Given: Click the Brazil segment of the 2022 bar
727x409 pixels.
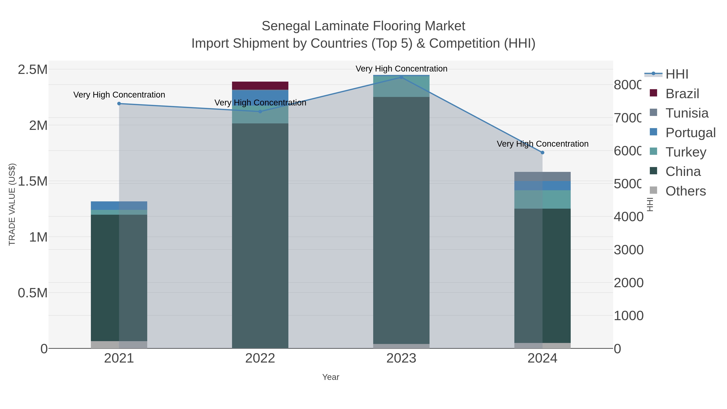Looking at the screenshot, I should pos(260,85).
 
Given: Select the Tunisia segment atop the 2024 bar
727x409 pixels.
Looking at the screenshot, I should pos(542,176).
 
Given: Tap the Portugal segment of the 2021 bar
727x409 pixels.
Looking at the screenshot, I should pos(119,205).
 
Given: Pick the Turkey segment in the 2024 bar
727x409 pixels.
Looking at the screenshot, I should pos(542,199).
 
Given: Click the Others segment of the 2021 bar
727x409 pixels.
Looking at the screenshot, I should pos(119,344).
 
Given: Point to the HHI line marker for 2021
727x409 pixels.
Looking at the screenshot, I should pos(119,104).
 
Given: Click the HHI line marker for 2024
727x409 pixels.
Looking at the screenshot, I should pos(542,152).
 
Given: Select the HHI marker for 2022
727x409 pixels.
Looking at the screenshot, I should pos(260,111).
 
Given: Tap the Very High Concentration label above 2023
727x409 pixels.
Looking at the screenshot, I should pos(401,69).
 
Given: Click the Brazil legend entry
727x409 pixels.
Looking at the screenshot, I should pos(682,94).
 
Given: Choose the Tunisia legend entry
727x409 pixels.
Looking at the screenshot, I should pos(686,113).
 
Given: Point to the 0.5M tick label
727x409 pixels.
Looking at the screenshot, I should pos(33,293).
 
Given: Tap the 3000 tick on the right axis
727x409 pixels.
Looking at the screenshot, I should pos(628,250).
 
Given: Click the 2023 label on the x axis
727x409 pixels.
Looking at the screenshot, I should pos(401,358).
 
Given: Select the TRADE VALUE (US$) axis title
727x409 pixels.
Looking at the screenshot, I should pos(12,204).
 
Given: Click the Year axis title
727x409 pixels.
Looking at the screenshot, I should pos(330,377).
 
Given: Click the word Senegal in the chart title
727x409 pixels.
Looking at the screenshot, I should pos(286,26).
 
